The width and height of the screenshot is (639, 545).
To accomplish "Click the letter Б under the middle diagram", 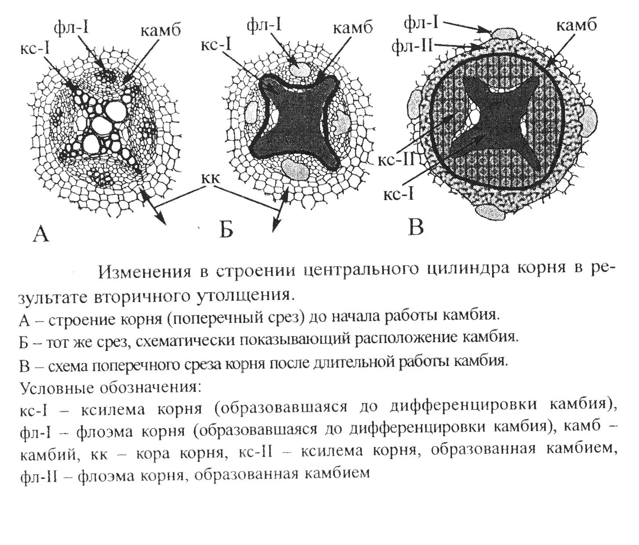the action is point(226,230).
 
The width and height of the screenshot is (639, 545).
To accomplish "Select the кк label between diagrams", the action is point(212,179).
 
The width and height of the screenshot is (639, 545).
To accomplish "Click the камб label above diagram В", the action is point(577,25).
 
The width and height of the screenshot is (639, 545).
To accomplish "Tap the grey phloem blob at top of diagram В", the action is point(504,33).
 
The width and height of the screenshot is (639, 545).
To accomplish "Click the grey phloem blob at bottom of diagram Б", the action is point(290,167).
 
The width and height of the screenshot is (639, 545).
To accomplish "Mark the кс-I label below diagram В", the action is point(398,194).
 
